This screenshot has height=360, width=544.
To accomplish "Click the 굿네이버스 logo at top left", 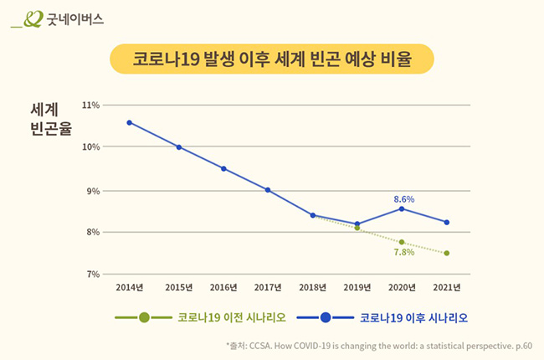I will [x=57, y=19].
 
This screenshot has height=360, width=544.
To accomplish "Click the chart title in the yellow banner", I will [x=272, y=60].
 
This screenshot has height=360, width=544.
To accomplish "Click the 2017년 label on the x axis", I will [x=268, y=287].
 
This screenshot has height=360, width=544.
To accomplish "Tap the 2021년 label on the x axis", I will [x=447, y=287].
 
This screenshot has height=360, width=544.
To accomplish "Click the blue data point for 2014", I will [x=130, y=122].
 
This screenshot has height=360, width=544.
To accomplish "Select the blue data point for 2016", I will [x=223, y=168].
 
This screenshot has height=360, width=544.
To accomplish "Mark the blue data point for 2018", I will [x=313, y=215].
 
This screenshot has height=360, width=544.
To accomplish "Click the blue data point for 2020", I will [x=402, y=208].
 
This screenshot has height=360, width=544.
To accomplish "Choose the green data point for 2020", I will [x=402, y=242].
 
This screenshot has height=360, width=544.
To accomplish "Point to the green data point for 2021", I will [x=447, y=253].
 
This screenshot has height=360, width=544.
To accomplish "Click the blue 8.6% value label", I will [x=404, y=199].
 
